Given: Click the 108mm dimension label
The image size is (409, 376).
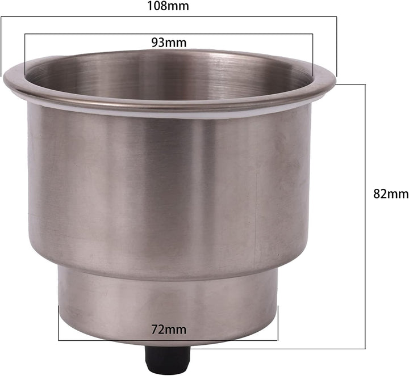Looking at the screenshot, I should [168, 7].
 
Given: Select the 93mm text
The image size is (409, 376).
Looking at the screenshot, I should [169, 42].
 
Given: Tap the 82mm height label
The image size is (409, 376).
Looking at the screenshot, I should [391, 193].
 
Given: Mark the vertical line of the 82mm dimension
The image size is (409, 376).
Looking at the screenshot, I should [365, 216].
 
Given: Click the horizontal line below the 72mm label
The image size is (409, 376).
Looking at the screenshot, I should [168, 340].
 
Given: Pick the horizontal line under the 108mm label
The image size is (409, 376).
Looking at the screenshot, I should [168, 16].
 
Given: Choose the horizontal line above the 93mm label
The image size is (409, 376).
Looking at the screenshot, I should [169, 34].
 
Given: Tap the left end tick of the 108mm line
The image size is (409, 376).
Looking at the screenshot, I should [1, 45].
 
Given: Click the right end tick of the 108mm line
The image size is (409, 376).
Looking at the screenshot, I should [337, 45].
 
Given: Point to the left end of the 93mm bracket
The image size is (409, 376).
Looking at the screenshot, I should [25, 54].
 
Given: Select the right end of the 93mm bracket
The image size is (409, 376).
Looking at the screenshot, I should [312, 54].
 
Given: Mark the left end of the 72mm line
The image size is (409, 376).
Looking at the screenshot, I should [59, 323].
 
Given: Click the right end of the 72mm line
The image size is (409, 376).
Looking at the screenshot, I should [278, 323].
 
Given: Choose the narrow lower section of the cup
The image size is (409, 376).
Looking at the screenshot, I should [168, 301].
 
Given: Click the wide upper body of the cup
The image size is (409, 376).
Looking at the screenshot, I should [169, 187].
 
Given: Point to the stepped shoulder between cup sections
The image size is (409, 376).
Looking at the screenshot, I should [169, 271].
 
